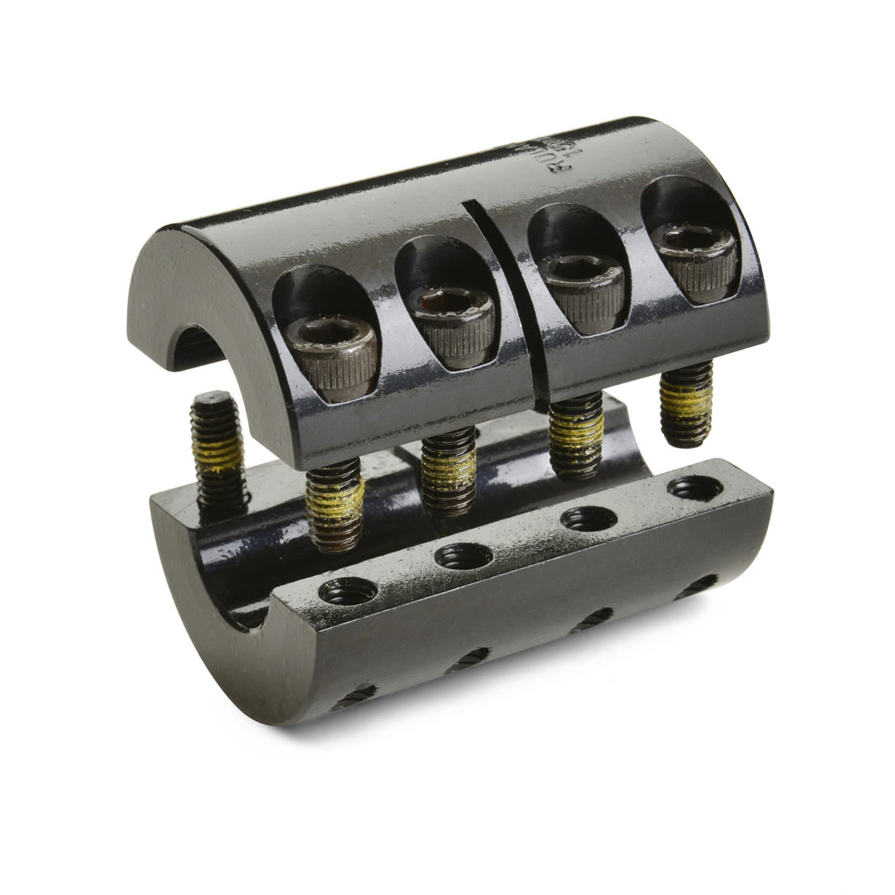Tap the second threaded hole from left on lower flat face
click(462, 555)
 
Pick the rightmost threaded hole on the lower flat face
click(695, 489)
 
